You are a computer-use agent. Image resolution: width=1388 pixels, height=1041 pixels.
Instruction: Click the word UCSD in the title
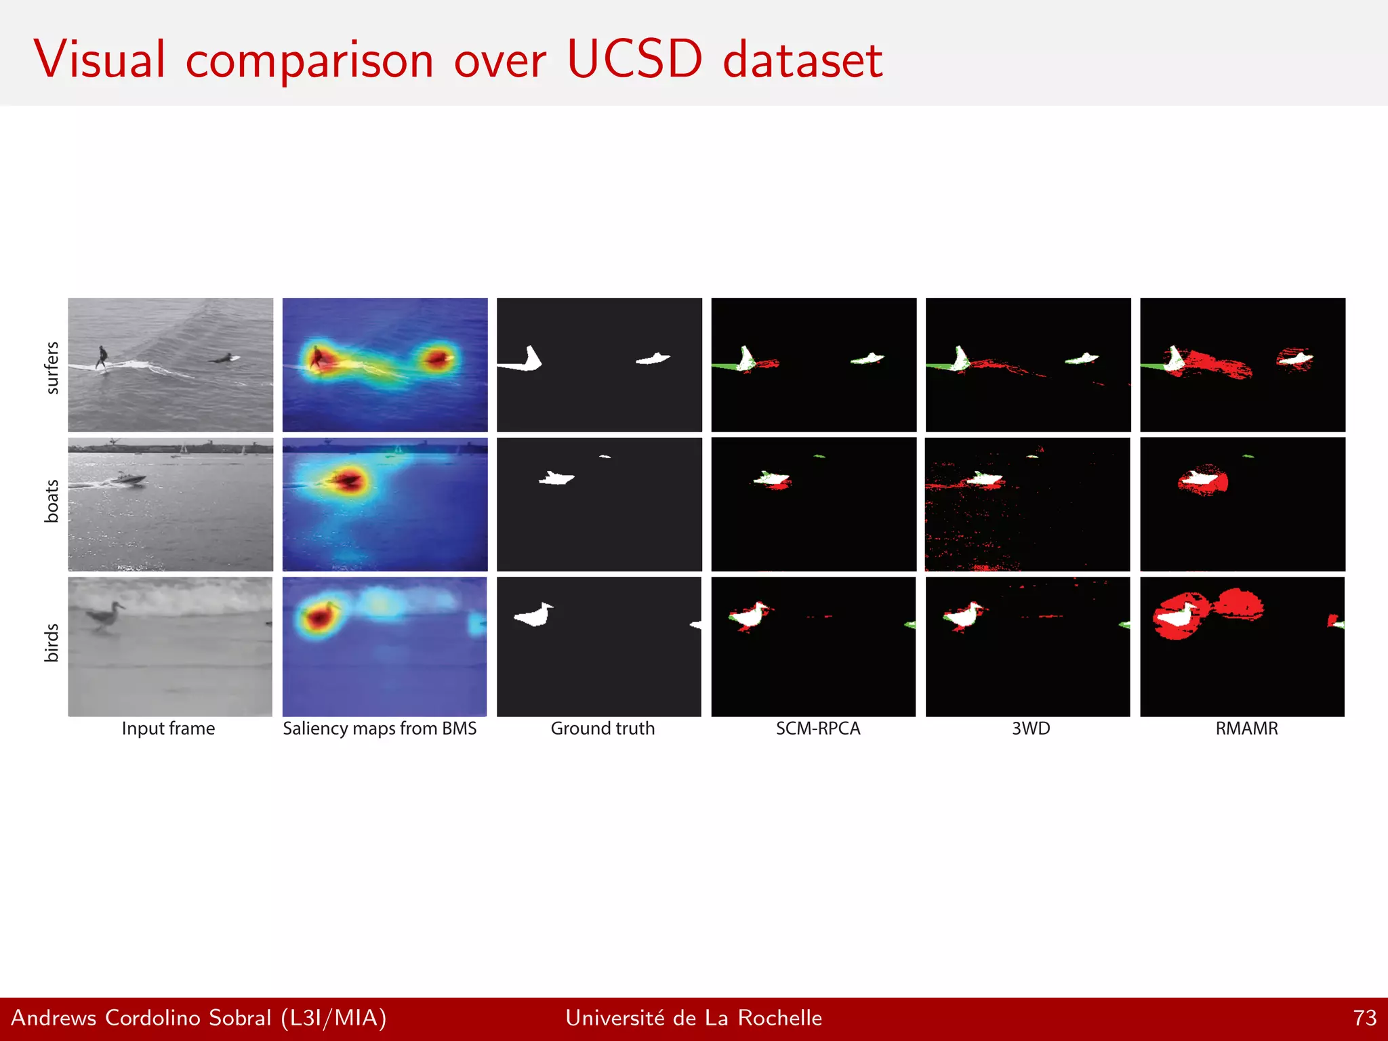[x=634, y=60]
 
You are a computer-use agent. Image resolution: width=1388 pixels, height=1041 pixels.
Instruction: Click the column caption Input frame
[x=168, y=729]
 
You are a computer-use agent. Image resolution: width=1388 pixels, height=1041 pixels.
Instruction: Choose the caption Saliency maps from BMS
[x=380, y=729]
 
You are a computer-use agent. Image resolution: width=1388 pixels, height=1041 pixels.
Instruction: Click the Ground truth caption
[x=603, y=729]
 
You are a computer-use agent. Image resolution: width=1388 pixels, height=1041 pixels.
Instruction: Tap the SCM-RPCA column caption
[x=818, y=729]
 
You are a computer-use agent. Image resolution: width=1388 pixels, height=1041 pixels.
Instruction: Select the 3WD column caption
[x=1031, y=729]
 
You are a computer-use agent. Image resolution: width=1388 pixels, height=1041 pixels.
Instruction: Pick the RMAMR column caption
[x=1246, y=729]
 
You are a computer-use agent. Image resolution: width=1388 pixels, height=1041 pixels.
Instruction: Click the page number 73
[x=1364, y=1018]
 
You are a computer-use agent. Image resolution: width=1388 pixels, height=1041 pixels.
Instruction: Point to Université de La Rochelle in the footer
[x=693, y=1018]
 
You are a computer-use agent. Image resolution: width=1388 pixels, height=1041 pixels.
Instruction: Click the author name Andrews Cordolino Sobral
[x=141, y=1018]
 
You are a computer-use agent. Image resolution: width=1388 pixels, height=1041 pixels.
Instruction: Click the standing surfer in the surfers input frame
[x=102, y=356]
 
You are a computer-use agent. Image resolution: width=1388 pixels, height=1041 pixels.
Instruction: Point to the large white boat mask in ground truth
[x=556, y=478]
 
